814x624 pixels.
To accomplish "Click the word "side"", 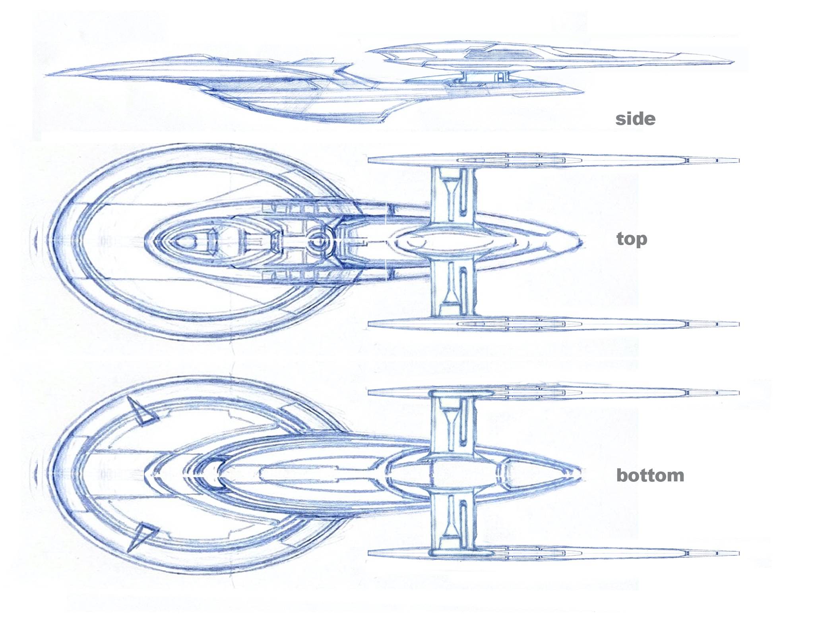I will click(635, 119).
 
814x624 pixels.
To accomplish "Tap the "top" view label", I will click(632, 239).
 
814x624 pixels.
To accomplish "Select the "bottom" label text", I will click(650, 475).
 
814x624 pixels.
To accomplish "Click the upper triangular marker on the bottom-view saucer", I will click(143, 412).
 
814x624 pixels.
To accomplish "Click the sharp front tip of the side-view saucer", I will click(47, 75).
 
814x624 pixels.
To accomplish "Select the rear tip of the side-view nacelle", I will click(732, 62).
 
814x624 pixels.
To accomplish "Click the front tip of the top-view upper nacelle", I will click(370, 160).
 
